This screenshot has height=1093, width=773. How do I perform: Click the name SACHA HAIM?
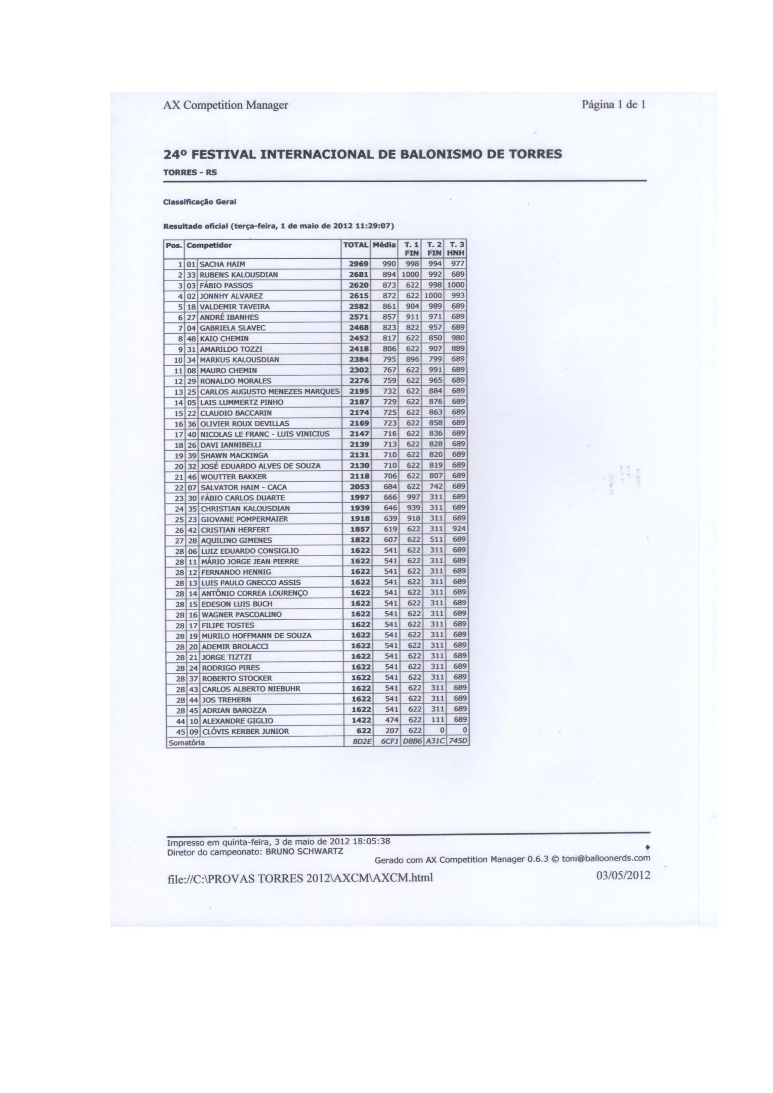[x=222, y=264]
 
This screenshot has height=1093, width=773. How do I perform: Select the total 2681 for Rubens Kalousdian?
[x=359, y=275]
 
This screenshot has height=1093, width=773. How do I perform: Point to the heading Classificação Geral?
[x=199, y=202]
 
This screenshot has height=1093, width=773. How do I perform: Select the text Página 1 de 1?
[x=613, y=104]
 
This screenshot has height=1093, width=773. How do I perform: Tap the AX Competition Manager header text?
[x=226, y=105]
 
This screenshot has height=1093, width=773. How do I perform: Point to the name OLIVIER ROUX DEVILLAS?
[x=244, y=423]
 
